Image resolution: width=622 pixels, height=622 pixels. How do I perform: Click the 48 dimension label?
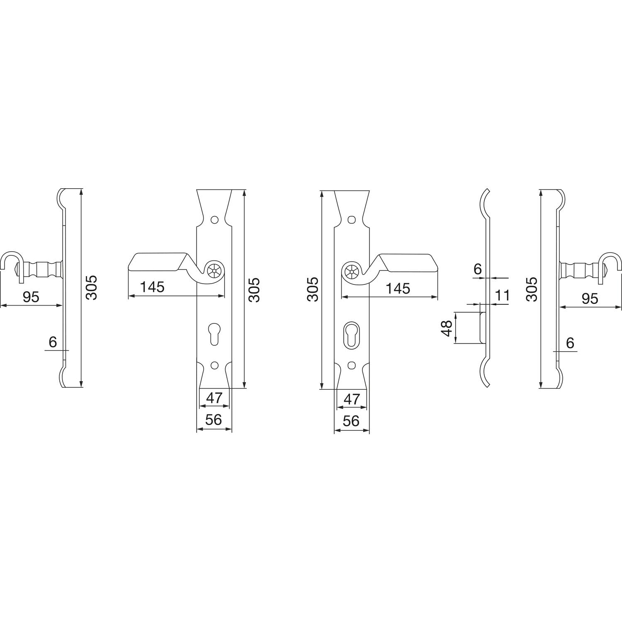coord(447,328)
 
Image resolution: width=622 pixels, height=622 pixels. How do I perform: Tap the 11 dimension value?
coord(502,296)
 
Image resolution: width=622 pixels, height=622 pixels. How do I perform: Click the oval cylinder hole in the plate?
coord(352,334)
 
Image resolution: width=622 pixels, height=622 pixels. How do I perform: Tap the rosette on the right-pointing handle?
coord(352,272)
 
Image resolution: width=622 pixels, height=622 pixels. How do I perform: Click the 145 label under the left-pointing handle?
coord(152,287)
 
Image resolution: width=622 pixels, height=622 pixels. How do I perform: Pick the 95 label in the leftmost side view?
coord(31,297)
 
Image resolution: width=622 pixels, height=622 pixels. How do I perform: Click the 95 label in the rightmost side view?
coord(590,299)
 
